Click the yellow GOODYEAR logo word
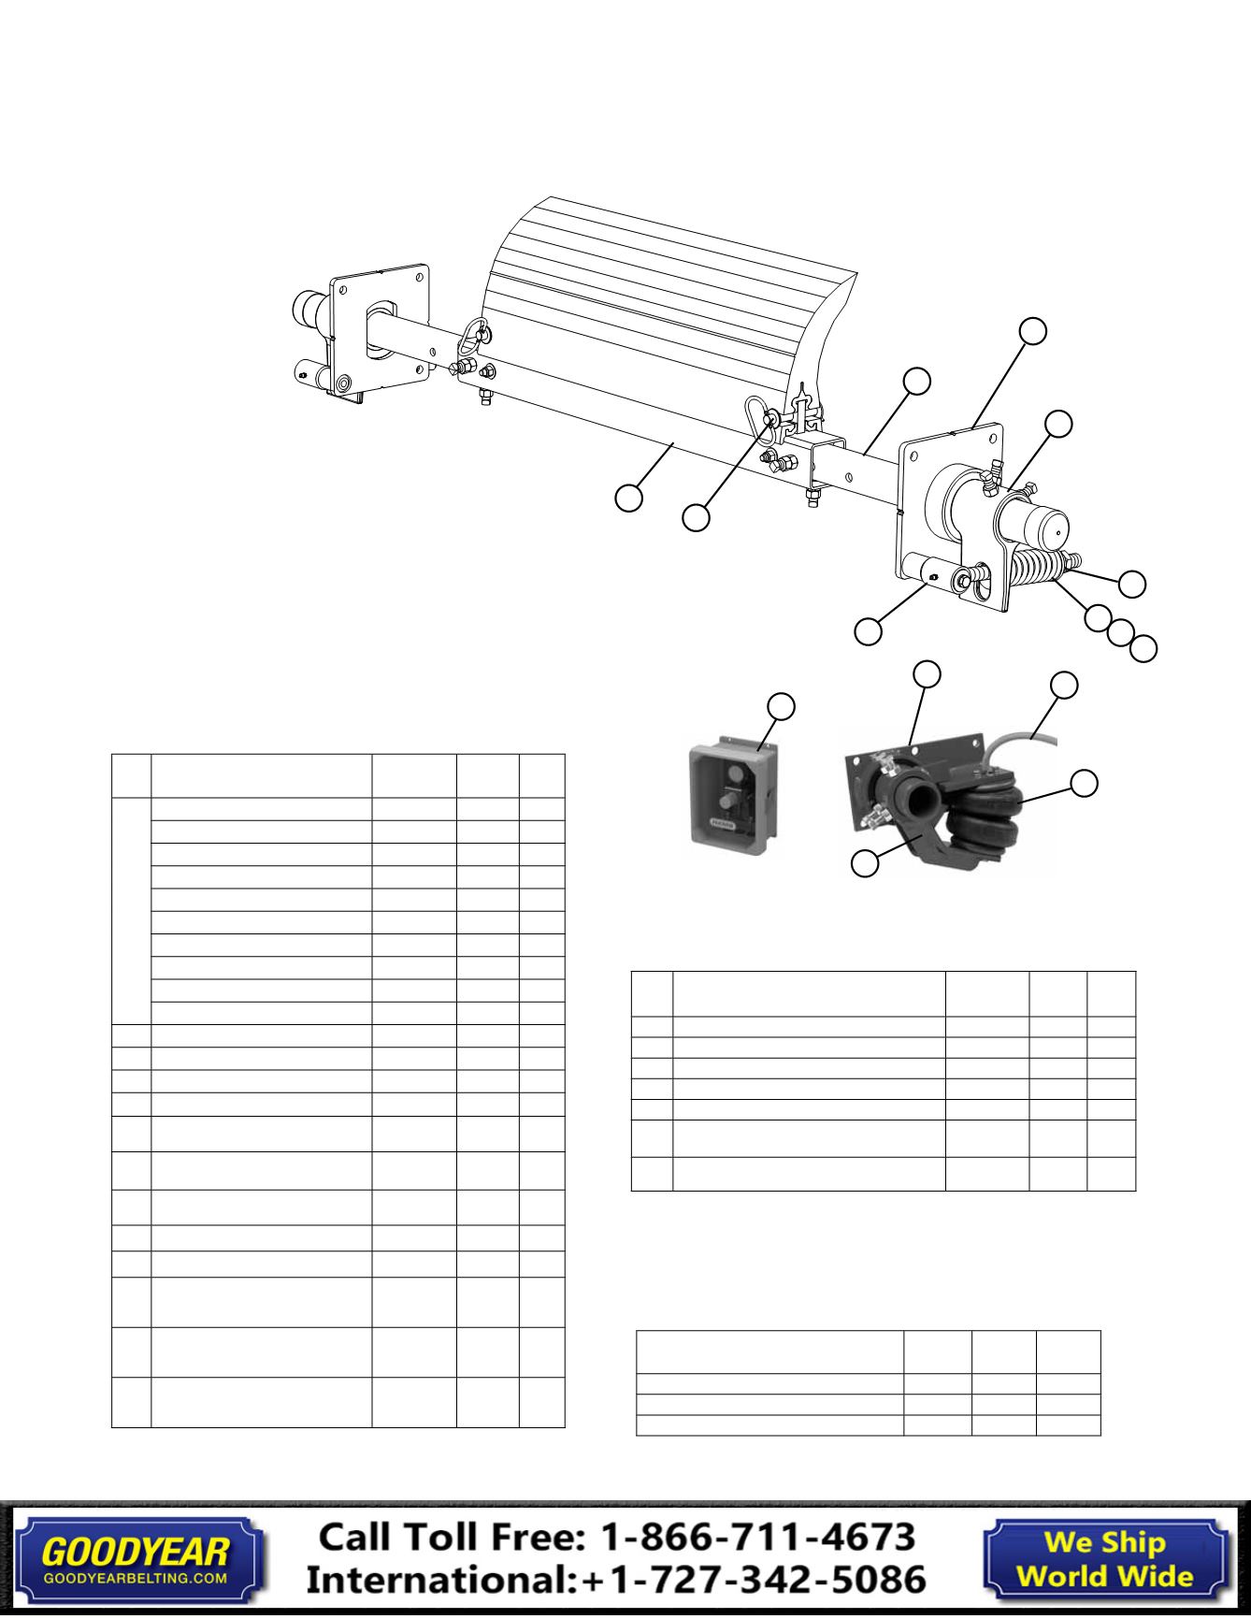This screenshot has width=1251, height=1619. tap(136, 1553)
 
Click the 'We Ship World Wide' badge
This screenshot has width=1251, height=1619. tap(1105, 1558)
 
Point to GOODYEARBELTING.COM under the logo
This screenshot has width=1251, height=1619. tap(136, 1576)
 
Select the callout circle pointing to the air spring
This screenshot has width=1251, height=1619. tap(1084, 784)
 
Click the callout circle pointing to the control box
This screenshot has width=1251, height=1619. tap(782, 706)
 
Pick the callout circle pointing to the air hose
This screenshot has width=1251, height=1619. tap(1064, 685)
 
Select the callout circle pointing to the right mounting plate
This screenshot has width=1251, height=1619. tap(1032, 330)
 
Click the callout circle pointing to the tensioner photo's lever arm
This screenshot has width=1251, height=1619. tap(865, 863)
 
